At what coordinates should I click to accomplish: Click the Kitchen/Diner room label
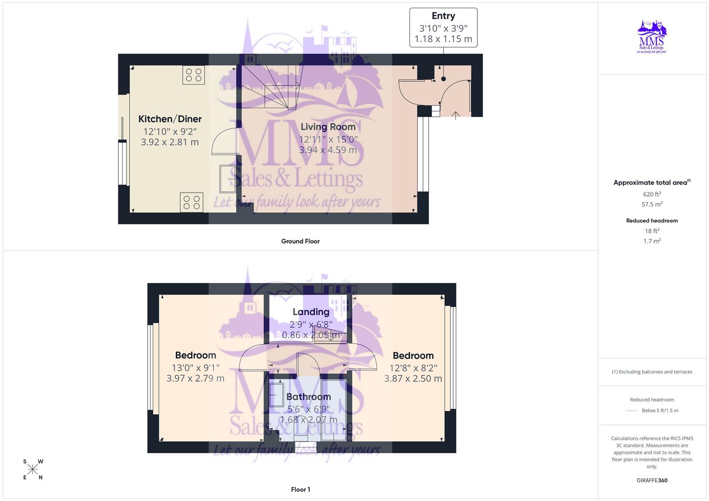(170, 119)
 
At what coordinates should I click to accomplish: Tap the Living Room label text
(328, 127)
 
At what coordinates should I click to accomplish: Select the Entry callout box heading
(443, 16)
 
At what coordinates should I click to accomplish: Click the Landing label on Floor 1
(311, 312)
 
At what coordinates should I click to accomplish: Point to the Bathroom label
(308, 397)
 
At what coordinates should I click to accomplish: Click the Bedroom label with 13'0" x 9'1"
(195, 355)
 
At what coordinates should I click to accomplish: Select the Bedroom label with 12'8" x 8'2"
(413, 356)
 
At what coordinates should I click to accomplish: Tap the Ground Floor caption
(300, 241)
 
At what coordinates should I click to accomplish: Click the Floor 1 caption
(300, 489)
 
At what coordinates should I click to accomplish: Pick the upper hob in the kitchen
(194, 75)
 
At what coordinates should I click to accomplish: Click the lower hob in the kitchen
(191, 202)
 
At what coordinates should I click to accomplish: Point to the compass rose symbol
(33, 469)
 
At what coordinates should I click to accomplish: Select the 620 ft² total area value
(652, 194)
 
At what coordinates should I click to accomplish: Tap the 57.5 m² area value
(652, 204)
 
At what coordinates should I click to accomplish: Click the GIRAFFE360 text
(652, 481)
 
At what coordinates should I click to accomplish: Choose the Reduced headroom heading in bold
(652, 221)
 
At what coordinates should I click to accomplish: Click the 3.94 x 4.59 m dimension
(328, 150)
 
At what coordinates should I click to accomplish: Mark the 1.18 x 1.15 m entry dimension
(443, 39)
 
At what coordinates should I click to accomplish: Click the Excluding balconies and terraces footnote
(652, 372)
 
